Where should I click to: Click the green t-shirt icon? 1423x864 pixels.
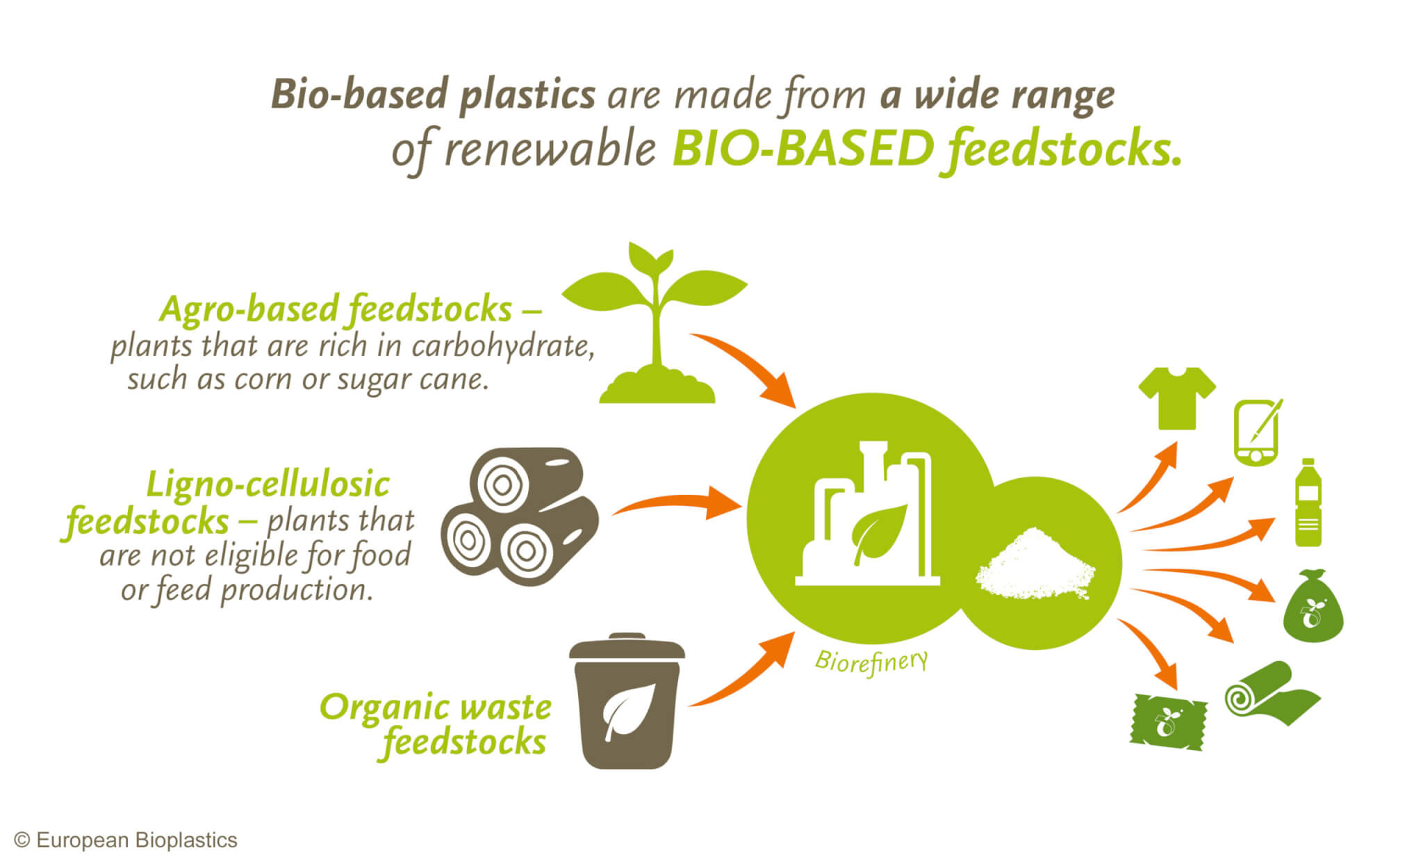click(1176, 398)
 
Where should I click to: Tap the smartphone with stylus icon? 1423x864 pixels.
click(1256, 433)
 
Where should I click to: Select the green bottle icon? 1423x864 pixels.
click(1308, 503)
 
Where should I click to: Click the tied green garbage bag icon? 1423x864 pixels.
click(1312, 608)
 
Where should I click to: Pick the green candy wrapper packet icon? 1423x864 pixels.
click(1168, 722)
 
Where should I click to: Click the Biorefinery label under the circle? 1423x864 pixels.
click(871, 662)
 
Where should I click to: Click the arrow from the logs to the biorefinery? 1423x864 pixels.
click(677, 503)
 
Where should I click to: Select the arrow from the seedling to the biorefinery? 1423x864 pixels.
click(747, 368)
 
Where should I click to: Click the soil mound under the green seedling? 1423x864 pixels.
click(657, 389)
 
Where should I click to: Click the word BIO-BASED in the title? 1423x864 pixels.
click(803, 149)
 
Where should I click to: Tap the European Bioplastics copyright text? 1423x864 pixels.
click(126, 840)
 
